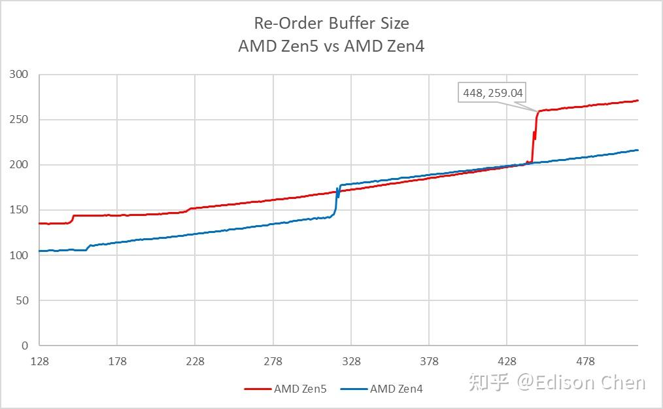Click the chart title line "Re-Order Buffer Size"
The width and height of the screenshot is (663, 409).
coord(331,23)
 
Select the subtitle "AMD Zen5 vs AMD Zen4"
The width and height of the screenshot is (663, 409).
coord(331,47)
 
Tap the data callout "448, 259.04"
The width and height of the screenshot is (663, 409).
coord(493,93)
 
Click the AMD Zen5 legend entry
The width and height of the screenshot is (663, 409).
coord(284,389)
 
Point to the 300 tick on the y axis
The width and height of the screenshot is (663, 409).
coord(20,75)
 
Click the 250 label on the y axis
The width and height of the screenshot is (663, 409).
coord(20,120)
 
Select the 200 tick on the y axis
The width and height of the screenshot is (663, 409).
coord(20,165)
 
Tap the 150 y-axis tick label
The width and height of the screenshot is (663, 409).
coord(20,210)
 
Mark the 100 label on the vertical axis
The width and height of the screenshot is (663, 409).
coord(20,255)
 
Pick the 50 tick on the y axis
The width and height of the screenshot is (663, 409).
coord(22,300)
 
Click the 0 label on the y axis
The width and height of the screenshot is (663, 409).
coord(25,346)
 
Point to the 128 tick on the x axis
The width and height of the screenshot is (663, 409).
coord(40,362)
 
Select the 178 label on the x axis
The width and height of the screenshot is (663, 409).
coord(118,362)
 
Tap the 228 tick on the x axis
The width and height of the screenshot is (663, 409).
coord(195,362)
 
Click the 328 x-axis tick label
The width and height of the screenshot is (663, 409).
coord(351,362)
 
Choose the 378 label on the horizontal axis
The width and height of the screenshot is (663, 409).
coord(430,362)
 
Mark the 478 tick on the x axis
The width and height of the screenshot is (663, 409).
coord(585,362)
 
